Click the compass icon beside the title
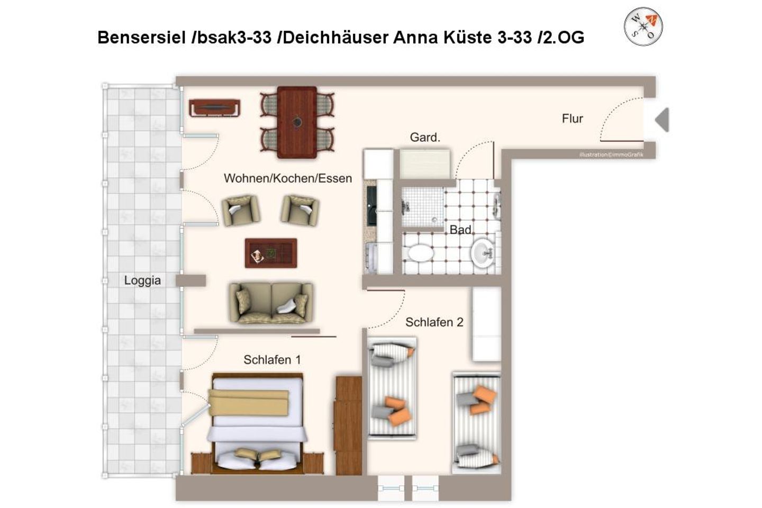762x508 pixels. coord(643,26)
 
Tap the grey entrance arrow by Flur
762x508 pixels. coord(663,120)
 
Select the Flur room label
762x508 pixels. coord(572,119)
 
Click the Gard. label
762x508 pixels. coord(425,137)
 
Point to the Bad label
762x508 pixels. coord(460,230)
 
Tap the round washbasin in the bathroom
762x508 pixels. coord(482,253)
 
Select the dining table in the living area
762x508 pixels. coord(297,122)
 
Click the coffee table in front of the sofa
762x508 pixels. coord(271,253)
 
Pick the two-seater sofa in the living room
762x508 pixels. coord(271,303)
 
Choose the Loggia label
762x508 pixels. coord(142,280)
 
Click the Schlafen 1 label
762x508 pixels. coord(272,360)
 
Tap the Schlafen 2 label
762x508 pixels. coord(434,322)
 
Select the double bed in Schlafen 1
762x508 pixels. coord(258,424)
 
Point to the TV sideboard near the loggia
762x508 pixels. coord(215,108)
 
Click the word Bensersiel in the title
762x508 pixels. coord(142,38)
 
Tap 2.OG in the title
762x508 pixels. coord(564,38)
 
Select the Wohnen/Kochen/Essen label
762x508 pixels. coord(288,178)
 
